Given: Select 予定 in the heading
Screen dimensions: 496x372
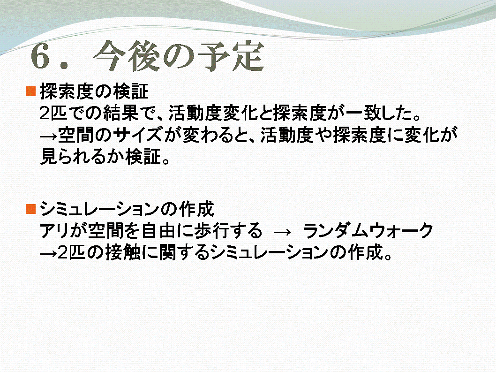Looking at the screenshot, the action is point(231,56).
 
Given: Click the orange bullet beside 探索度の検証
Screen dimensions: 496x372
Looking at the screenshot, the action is point(30,91).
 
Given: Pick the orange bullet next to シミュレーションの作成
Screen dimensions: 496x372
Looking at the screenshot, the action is point(30,209).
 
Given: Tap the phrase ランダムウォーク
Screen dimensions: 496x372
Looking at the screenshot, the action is point(368,230).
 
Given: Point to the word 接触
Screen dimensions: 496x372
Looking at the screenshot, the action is point(123,252).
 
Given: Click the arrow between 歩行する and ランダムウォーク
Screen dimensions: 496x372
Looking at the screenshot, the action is point(282,232).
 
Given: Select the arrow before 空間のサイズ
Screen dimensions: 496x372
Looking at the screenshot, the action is point(49,136).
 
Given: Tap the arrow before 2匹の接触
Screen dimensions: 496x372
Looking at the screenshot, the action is point(49,253).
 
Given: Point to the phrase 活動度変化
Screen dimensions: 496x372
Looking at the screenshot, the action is point(213,113).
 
